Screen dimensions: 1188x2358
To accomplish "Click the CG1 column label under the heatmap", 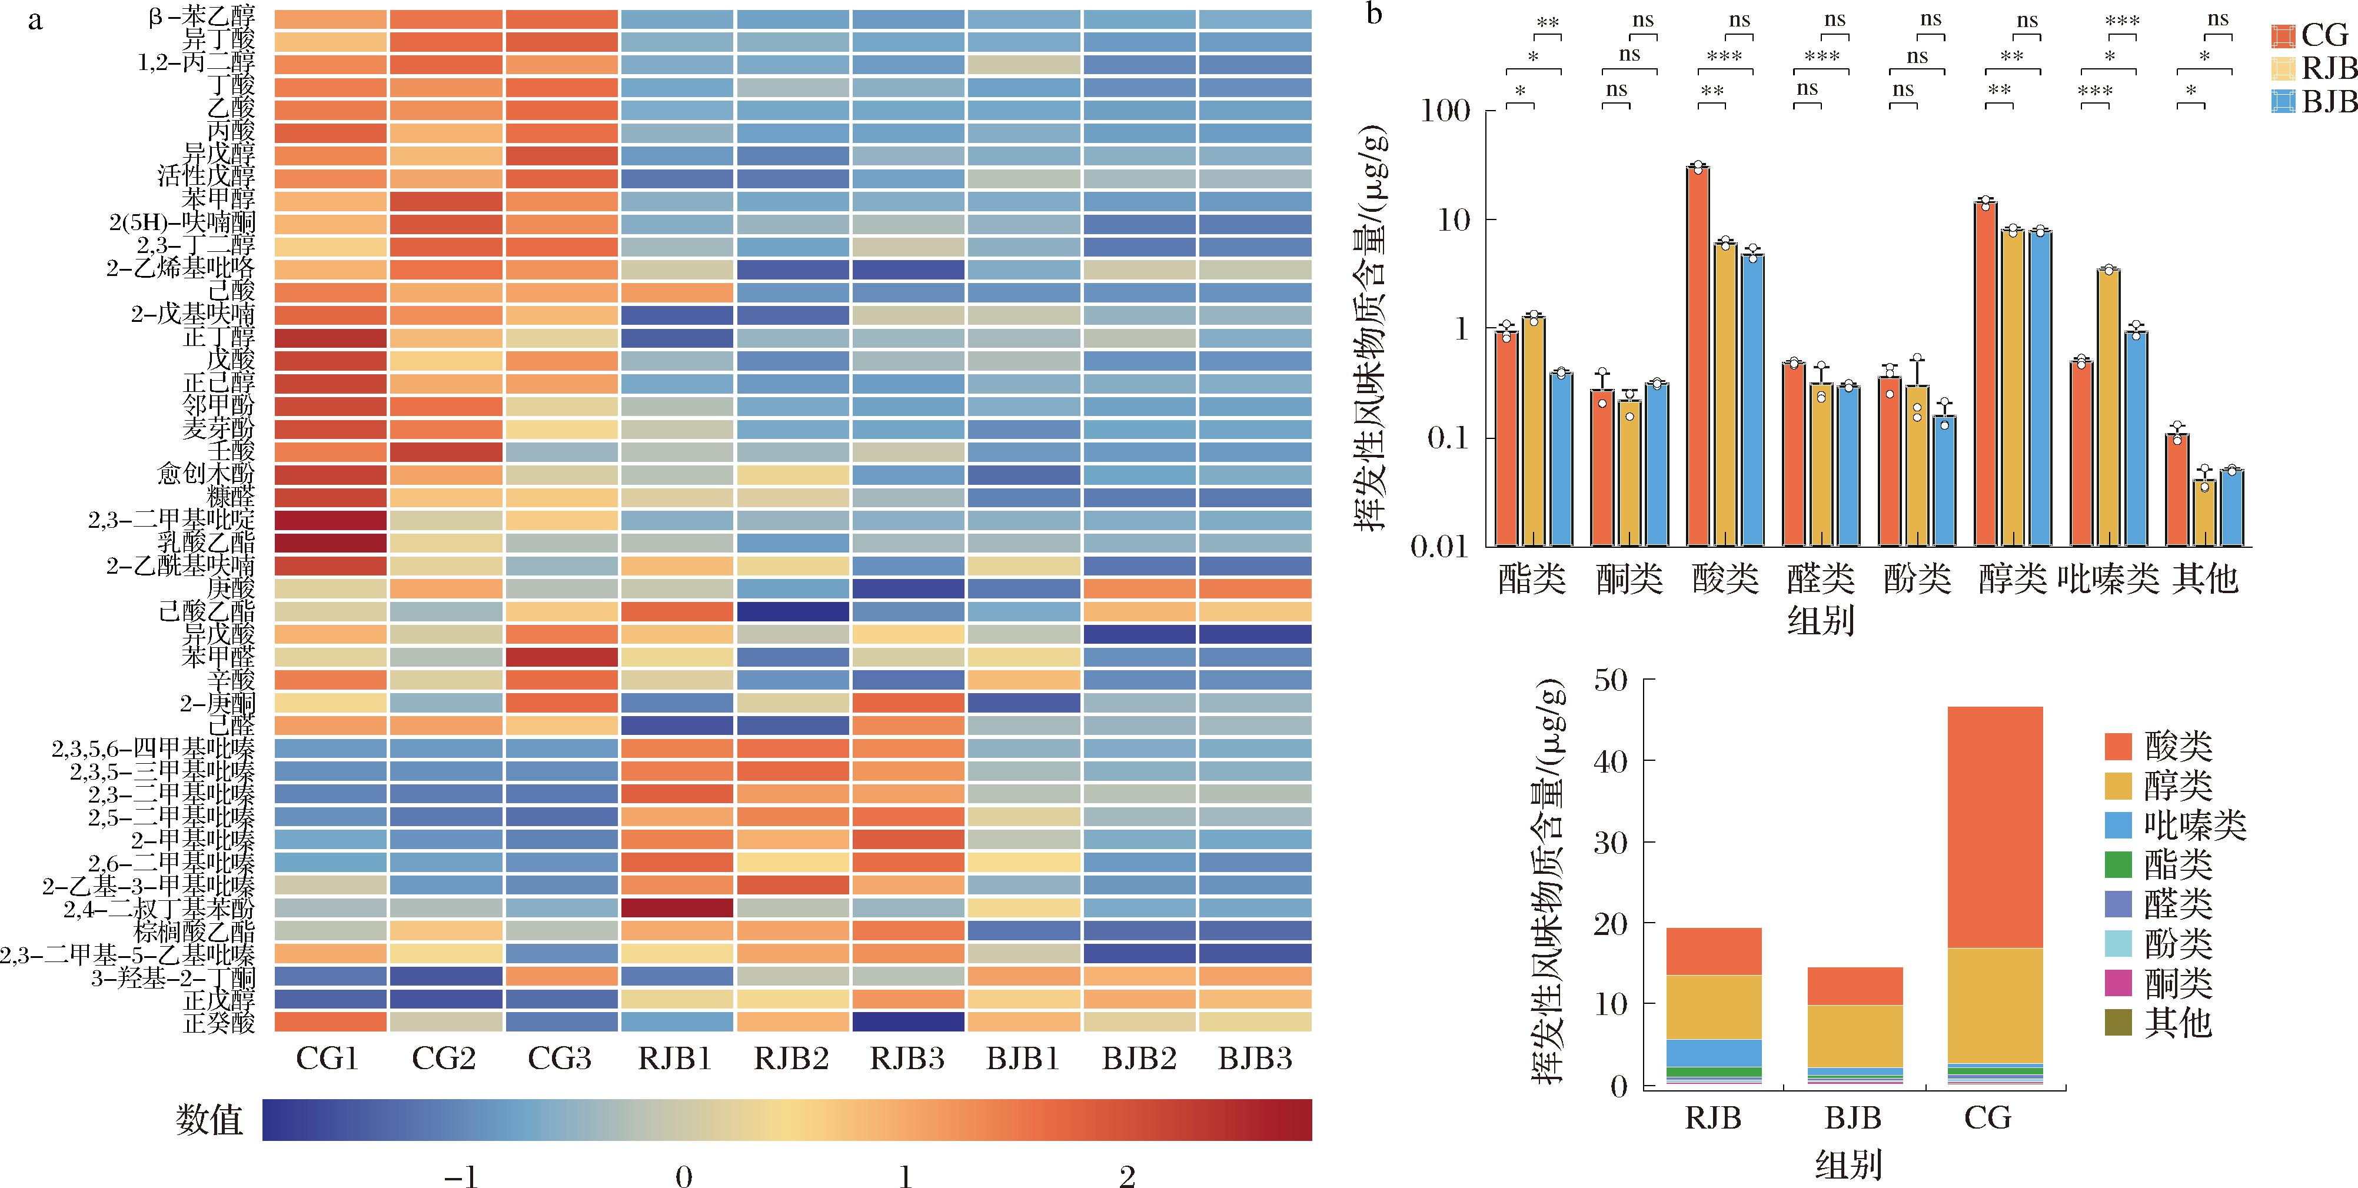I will pos(327,1059).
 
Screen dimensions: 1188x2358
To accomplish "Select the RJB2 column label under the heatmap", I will pos(791,1059).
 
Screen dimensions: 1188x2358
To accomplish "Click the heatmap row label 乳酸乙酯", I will pos(206,543).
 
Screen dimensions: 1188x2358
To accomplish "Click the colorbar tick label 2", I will pos(1127,1176).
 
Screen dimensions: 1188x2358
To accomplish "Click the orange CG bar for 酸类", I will pos(1698,357).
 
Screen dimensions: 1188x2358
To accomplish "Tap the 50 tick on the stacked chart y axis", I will pos(1611,680).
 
